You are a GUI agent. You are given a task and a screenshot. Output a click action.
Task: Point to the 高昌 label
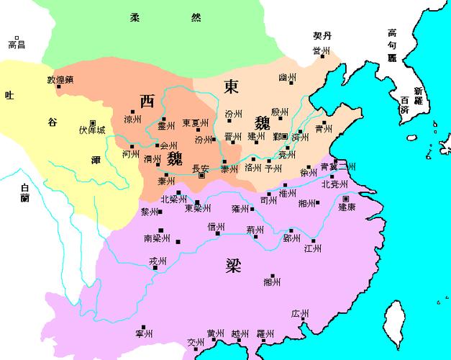16,45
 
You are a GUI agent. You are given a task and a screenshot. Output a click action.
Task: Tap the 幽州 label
287,77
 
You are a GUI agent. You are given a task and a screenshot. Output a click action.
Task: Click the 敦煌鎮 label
60,80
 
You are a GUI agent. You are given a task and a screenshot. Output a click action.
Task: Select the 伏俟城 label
92,131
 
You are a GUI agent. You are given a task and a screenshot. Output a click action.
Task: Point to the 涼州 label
133,120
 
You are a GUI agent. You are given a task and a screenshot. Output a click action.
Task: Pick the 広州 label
299,314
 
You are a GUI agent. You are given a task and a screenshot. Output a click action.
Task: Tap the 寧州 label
144,334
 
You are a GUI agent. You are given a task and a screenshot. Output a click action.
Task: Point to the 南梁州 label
158,237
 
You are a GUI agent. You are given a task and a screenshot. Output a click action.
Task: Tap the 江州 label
312,249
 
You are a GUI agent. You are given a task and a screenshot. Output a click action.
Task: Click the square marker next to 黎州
160,212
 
